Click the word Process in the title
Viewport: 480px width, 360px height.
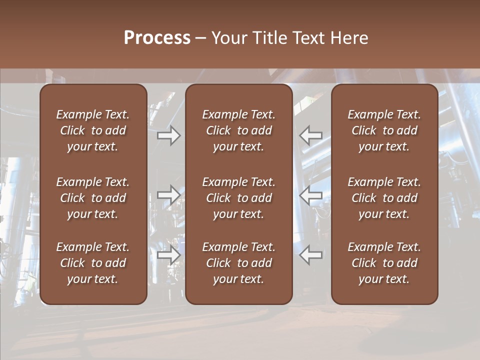[x=157, y=38]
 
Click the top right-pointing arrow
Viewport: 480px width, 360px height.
[x=168, y=135]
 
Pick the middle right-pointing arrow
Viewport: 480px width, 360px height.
[x=168, y=195]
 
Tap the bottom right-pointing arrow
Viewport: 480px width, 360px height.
[x=168, y=255]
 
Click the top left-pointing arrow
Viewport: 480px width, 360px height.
[x=311, y=135]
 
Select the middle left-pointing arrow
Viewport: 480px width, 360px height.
[x=311, y=195]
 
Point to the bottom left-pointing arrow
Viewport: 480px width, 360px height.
[x=311, y=255]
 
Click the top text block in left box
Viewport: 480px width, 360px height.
[x=93, y=130]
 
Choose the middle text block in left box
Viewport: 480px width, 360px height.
[x=93, y=198]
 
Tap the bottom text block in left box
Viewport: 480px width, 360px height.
[x=93, y=263]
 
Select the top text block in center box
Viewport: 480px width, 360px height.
[x=238, y=130]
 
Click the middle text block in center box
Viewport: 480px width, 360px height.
[x=238, y=198]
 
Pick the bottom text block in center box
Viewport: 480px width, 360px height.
[x=238, y=263]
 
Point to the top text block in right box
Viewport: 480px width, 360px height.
[x=384, y=130]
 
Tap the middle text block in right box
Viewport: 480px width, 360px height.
[x=384, y=198]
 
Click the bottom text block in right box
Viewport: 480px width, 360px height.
[x=384, y=263]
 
